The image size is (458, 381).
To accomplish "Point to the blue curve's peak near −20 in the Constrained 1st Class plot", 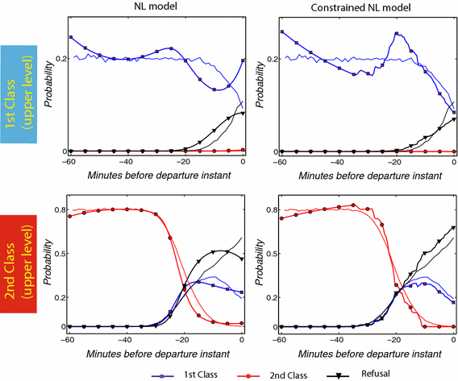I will (x=397, y=33).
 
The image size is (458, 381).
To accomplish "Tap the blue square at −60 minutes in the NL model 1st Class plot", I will (x=71, y=37).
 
